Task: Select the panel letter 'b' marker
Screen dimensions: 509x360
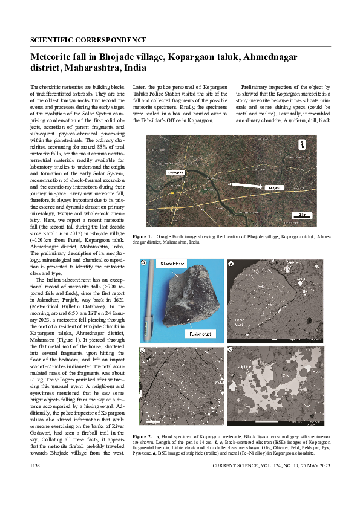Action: click(231, 264)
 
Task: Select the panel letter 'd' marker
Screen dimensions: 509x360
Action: click(231, 351)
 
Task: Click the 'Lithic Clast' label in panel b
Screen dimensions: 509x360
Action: click(238, 319)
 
